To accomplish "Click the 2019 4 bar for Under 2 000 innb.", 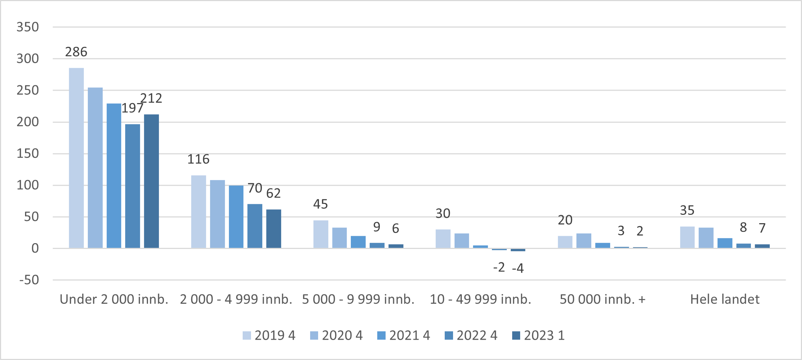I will click(76, 158).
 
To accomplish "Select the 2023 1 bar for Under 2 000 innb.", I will click(151, 181).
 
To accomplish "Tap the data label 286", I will click(76, 52).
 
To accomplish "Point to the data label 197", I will click(132, 108).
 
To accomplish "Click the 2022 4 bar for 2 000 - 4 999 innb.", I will click(255, 226).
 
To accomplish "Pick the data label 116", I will click(198, 159).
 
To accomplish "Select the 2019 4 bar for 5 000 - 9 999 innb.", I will click(321, 234).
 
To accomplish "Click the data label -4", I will click(518, 268).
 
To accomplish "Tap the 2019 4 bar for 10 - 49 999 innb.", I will click(443, 239).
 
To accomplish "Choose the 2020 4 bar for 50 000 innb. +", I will click(584, 241).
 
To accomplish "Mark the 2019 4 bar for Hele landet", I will click(687, 237).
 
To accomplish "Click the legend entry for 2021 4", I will click(403, 335).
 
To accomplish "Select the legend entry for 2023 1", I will click(538, 335).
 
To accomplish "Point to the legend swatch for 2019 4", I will click(247, 335).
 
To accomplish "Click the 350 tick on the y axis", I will click(28, 27).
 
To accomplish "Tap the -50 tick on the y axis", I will click(29, 280).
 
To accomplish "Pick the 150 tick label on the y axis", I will click(28, 154).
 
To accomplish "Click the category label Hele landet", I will click(724, 299).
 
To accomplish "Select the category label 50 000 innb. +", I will click(602, 299).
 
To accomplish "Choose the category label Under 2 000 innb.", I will click(114, 299).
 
